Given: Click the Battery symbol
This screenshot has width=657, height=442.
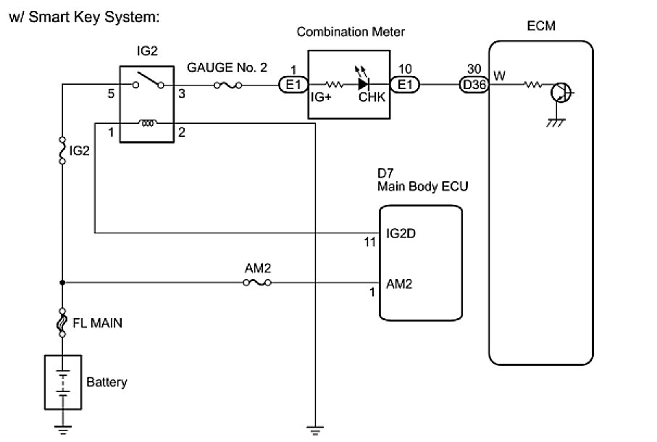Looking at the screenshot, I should coord(63,381).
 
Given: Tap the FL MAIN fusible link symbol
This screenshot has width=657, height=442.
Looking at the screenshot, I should coord(63,323).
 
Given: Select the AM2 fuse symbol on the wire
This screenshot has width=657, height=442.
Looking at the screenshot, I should coord(258,282).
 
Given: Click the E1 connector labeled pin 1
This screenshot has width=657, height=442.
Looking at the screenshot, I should coord(293,86).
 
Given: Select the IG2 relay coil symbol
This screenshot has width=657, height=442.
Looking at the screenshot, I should coord(148,123).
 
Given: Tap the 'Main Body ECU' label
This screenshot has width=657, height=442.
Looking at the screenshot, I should coord(422,186).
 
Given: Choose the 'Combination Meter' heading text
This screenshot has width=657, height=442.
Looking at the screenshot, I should coord(351,32).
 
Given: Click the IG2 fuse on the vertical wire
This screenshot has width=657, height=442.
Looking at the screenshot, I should coord(63,151).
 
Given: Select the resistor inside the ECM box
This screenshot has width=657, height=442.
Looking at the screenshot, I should coord(533,86).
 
